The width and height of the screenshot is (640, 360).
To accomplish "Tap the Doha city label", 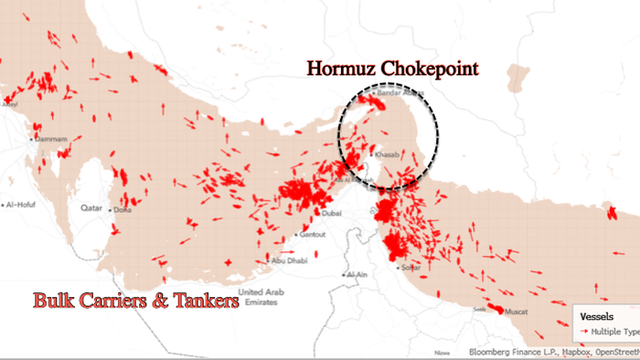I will [x=124, y=209].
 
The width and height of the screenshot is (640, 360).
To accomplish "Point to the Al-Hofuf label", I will [x=21, y=205].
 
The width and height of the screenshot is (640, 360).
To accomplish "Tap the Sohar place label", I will [x=411, y=268].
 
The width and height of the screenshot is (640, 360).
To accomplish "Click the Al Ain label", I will [x=357, y=274].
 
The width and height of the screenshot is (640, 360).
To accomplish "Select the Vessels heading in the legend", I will [x=596, y=317].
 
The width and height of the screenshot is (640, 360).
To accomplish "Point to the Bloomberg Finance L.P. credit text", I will [x=511, y=352].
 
